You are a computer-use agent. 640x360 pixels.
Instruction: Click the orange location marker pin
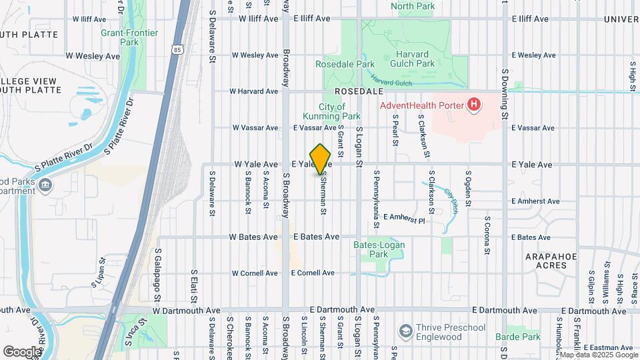point(321,159)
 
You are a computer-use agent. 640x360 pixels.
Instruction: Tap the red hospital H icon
point(473,104)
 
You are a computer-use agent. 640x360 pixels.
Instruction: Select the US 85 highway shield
point(176,49)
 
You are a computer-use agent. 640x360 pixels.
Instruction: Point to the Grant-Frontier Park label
point(120,37)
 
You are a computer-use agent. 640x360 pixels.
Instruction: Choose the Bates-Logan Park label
point(379,249)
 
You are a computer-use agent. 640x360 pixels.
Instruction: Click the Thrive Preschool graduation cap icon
point(405,331)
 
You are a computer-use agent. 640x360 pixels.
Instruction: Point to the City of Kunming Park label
point(331,111)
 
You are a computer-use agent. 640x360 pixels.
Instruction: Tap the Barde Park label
point(518,337)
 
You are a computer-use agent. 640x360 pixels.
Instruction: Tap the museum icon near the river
point(45,185)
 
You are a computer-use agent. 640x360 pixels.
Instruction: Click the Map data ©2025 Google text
point(598,355)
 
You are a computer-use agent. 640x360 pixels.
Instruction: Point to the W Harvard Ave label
point(253,91)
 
